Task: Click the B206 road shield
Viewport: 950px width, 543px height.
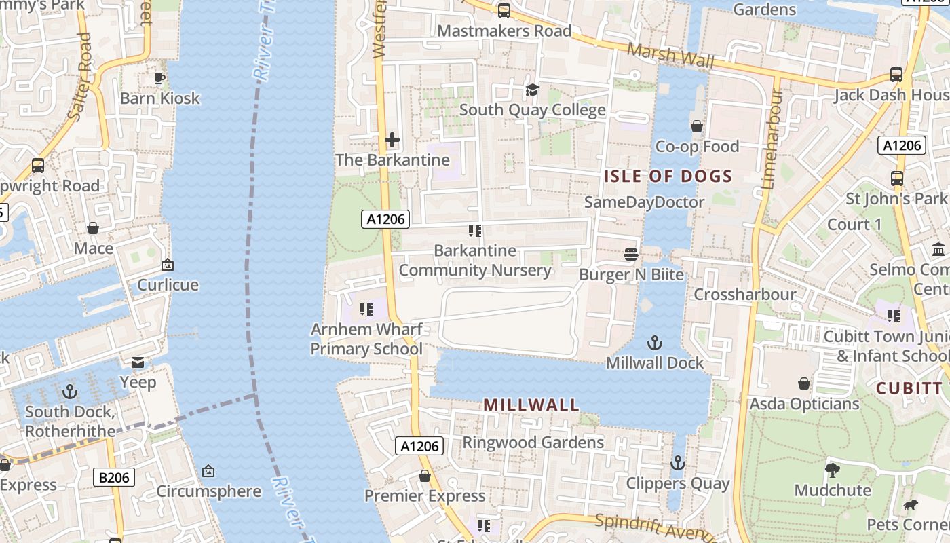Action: click(x=113, y=478)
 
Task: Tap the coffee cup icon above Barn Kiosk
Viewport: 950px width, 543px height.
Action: click(x=159, y=78)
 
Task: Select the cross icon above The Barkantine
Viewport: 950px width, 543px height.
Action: click(x=392, y=141)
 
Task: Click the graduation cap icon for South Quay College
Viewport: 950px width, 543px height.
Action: click(x=532, y=90)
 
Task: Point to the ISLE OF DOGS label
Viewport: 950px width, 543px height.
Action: click(x=668, y=176)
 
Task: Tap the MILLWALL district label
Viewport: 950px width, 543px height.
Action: click(x=531, y=405)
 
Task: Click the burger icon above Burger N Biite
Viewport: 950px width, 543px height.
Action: click(x=631, y=255)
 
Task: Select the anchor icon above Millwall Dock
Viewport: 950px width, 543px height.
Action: click(x=655, y=343)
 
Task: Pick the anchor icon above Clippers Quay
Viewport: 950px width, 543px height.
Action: click(x=677, y=464)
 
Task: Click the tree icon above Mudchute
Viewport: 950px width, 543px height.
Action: click(x=833, y=470)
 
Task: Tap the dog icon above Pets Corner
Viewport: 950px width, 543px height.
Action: click(x=910, y=505)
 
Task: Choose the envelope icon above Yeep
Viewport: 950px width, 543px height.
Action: click(x=138, y=362)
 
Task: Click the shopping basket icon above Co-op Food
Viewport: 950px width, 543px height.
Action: click(x=696, y=126)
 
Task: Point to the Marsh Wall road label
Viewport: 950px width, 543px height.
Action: click(x=670, y=56)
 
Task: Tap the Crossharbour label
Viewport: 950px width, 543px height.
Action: click(x=744, y=295)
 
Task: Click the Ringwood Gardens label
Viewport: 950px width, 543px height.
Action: click(x=533, y=443)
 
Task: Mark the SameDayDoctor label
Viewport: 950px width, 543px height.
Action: click(x=644, y=202)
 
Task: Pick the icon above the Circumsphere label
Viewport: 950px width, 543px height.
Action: click(x=208, y=470)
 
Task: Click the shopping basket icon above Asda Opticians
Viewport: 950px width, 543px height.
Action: click(x=804, y=384)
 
